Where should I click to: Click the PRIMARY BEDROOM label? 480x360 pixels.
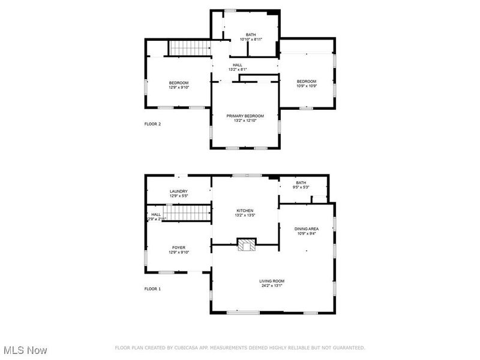(245, 115)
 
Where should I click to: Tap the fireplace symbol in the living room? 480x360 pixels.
(245, 245)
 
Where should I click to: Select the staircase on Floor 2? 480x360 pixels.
(188, 48)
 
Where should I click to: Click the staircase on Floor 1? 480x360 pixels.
(187, 212)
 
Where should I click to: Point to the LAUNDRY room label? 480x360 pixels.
(178, 191)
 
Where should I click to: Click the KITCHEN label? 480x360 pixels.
(245, 211)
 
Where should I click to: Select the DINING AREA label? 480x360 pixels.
(306, 229)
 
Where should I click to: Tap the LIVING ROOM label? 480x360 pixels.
(272, 281)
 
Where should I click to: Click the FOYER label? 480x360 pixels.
(179, 247)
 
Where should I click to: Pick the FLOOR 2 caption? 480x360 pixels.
(152, 124)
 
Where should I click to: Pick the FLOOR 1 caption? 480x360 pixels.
(152, 289)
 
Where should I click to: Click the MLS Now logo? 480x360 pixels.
(25, 349)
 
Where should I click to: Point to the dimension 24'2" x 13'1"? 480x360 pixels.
(272, 286)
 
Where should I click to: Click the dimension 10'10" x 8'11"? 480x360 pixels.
(251, 40)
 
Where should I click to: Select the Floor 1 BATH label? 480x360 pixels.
(301, 182)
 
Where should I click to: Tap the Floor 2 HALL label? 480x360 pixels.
(238, 64)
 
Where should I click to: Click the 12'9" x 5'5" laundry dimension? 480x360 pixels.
(178, 196)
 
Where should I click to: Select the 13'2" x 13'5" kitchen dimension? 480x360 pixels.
(245, 215)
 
